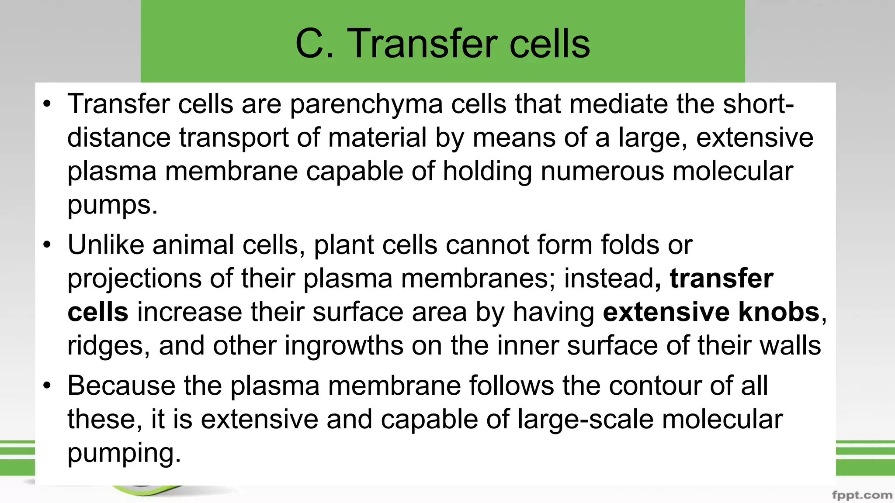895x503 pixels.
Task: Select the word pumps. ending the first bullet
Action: (x=112, y=205)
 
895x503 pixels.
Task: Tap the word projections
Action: (x=134, y=279)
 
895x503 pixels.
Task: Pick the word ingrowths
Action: (x=344, y=346)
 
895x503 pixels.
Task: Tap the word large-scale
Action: (x=586, y=420)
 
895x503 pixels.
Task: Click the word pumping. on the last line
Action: (x=124, y=453)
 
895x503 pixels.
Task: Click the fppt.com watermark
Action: (x=862, y=495)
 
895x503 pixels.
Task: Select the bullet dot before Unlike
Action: (x=47, y=245)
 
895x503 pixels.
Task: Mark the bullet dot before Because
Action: (x=47, y=386)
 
